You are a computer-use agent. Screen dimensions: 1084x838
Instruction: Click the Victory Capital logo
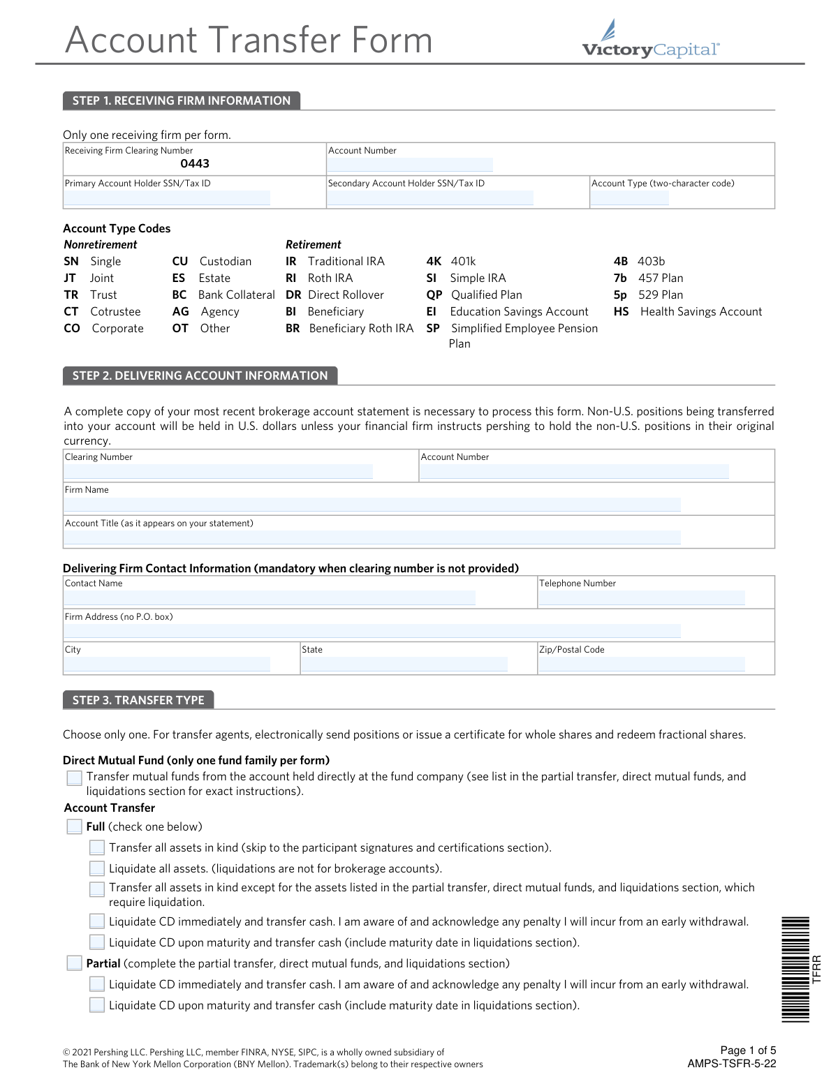[x=650, y=40]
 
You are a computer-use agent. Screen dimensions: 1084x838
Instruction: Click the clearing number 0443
[x=195, y=164]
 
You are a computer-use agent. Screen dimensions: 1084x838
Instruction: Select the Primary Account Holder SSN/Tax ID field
[x=167, y=198]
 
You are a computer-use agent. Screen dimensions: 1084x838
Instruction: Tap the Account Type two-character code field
[x=630, y=198]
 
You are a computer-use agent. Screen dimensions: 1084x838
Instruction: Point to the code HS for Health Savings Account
[x=621, y=312]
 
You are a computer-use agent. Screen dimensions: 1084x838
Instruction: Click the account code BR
[x=293, y=329]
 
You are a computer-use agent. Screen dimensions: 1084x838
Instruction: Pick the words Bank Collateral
[x=236, y=295]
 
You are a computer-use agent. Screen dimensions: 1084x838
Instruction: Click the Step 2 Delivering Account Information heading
[x=200, y=376]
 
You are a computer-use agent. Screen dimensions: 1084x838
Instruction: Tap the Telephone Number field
[x=642, y=598]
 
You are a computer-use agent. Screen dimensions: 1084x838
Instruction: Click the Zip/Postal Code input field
[x=642, y=664]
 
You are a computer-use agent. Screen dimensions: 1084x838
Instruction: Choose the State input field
[x=404, y=664]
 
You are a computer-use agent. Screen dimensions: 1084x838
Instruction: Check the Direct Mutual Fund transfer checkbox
[x=75, y=778]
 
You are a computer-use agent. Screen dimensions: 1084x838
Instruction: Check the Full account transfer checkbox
[x=75, y=827]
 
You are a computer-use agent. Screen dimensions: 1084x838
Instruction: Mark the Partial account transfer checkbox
[x=75, y=964]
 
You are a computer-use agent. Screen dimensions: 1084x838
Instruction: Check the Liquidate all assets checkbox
[x=97, y=869]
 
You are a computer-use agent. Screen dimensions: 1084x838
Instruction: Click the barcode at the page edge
[x=795, y=969]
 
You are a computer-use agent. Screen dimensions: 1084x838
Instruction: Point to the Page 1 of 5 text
[x=748, y=1050]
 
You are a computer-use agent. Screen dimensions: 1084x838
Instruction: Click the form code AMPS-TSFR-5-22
[x=731, y=1064]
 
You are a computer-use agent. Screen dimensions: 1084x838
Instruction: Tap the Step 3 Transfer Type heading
[x=138, y=700]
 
